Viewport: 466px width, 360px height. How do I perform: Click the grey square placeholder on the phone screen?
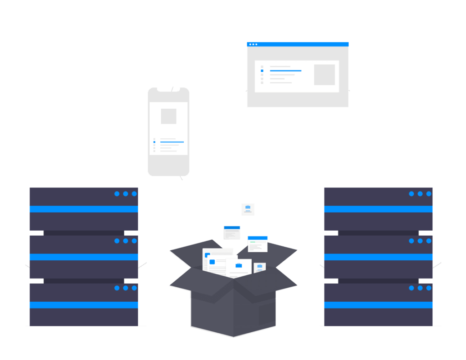click(x=168, y=116)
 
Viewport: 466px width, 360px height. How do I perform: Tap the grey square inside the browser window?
click(x=324, y=75)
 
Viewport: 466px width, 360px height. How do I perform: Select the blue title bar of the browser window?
click(x=298, y=44)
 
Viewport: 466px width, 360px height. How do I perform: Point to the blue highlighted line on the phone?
click(x=172, y=142)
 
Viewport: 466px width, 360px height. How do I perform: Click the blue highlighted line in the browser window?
click(x=285, y=71)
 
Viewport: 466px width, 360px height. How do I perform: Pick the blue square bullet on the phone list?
click(x=154, y=142)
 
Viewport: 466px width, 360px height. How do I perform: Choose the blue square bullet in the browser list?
click(x=262, y=71)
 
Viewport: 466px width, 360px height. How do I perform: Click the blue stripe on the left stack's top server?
click(x=84, y=209)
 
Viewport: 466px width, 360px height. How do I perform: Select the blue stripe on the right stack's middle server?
click(x=378, y=257)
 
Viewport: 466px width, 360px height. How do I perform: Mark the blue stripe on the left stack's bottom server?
click(x=84, y=305)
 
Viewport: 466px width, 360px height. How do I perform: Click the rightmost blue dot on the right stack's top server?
click(x=429, y=194)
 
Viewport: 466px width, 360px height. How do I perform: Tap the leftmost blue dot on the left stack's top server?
click(x=117, y=194)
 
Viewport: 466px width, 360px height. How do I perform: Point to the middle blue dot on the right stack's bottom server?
click(x=420, y=288)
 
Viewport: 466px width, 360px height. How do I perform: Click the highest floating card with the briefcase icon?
click(x=248, y=209)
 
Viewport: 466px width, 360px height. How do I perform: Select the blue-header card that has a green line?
click(x=258, y=243)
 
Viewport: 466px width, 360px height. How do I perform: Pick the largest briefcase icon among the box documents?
click(x=238, y=265)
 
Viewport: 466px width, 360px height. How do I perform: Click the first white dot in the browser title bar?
click(x=250, y=44)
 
